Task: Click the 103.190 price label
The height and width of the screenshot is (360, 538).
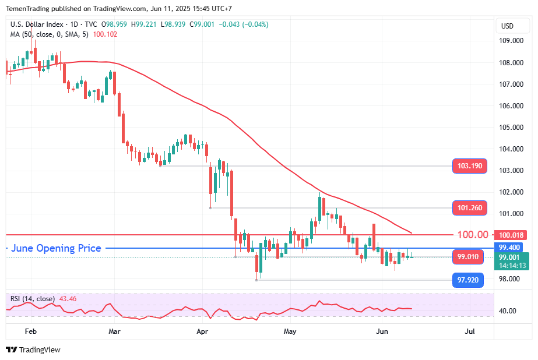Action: (470, 166)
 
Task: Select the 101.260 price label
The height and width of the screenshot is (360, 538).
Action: (470, 208)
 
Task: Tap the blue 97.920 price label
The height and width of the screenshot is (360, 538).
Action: (469, 280)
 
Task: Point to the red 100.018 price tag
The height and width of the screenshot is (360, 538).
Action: (512, 235)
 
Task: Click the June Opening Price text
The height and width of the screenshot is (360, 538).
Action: (56, 248)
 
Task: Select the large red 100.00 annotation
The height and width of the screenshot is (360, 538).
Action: (473, 235)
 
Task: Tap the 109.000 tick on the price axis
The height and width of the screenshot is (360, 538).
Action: (511, 41)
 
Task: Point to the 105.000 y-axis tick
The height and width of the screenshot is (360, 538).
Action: (511, 128)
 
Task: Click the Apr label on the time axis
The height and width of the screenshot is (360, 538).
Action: (203, 331)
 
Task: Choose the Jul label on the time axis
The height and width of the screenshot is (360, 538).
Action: (470, 331)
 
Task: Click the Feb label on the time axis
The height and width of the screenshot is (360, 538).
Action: (31, 331)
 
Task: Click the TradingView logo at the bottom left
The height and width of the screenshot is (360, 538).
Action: (33, 350)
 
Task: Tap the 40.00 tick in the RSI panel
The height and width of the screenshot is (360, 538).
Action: (508, 311)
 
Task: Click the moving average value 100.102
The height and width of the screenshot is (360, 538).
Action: (105, 34)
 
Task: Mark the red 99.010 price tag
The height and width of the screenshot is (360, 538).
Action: (468, 257)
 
